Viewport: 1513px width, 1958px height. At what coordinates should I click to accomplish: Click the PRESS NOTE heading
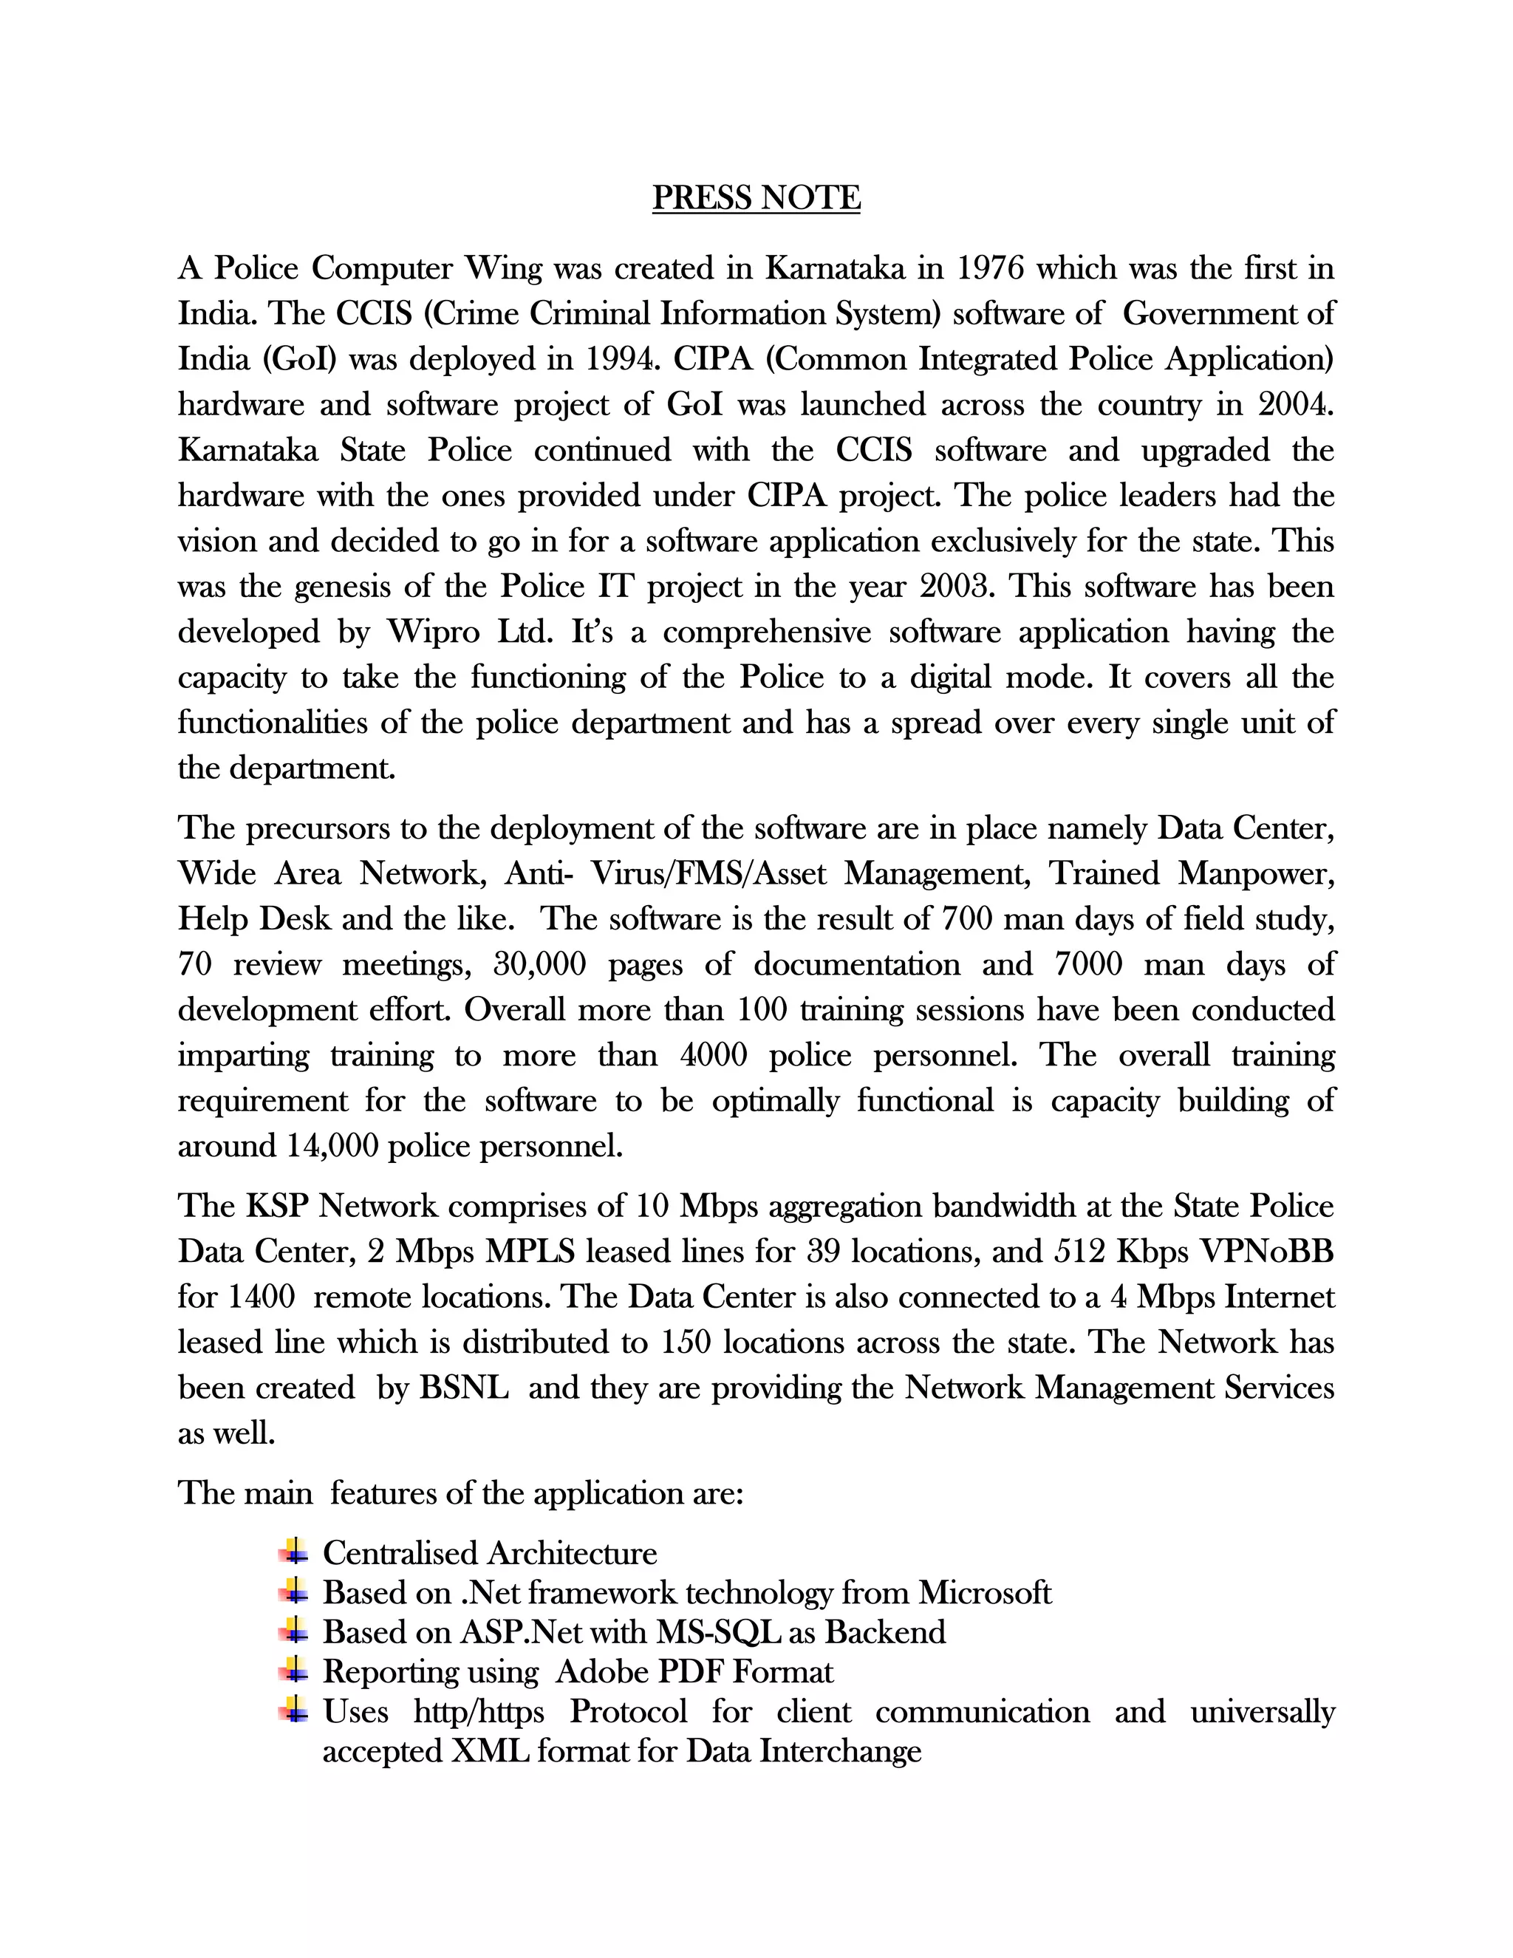pyautogui.click(x=756, y=197)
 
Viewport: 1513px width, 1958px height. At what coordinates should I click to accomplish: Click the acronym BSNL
pyautogui.click(x=464, y=1388)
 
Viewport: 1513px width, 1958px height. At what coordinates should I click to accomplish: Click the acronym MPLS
pyautogui.click(x=530, y=1252)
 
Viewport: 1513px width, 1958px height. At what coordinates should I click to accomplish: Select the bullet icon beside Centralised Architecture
pyautogui.click(x=293, y=1551)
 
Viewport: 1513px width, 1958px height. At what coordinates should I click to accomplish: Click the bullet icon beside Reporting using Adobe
pyautogui.click(x=293, y=1671)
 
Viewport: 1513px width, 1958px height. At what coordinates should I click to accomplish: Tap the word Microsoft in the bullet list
pyautogui.click(x=984, y=1592)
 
